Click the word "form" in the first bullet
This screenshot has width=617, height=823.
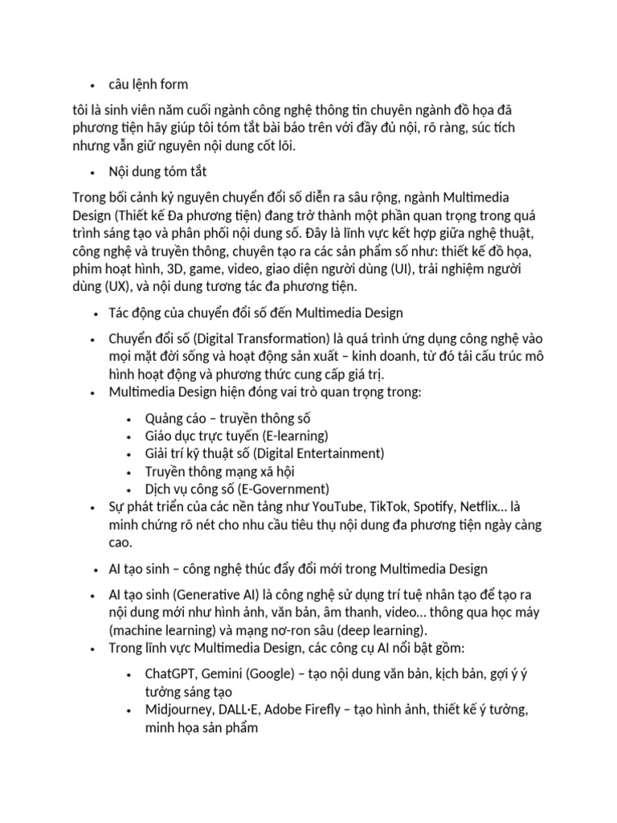pos(174,84)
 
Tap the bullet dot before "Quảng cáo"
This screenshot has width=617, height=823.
pos(130,419)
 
